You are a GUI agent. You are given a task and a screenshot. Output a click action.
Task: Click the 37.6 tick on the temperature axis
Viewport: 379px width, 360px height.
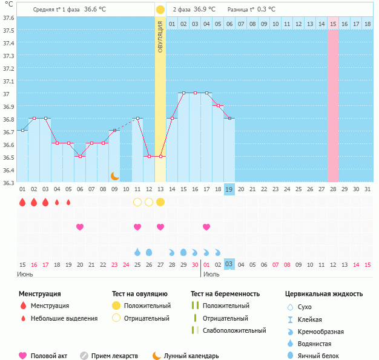pyautogui.click(x=8, y=18)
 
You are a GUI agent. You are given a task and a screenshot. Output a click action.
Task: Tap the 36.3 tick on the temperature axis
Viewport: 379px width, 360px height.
pyautogui.click(x=8, y=183)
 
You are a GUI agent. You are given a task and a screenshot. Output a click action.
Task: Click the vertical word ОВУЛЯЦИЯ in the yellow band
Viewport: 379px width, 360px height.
pyautogui.click(x=160, y=36)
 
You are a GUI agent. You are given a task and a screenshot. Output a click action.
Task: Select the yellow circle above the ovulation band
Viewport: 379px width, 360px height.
pyautogui.click(x=160, y=10)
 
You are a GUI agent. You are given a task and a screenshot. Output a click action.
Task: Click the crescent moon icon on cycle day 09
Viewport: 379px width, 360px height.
pyautogui.click(x=114, y=175)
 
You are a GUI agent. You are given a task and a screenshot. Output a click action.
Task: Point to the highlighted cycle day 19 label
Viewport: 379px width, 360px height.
pyautogui.click(x=229, y=189)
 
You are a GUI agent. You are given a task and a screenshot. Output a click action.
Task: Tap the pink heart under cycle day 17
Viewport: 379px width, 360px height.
pyautogui.click(x=206, y=227)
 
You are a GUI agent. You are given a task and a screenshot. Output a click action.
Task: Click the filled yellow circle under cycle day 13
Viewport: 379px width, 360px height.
pyautogui.click(x=160, y=201)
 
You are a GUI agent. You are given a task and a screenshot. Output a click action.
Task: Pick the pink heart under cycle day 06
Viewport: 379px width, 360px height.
pyautogui.click(x=80, y=227)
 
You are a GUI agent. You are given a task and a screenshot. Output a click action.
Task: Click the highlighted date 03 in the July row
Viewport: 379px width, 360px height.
pyautogui.click(x=229, y=264)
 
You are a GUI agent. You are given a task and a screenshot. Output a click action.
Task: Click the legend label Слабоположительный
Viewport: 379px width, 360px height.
pyautogui.click(x=234, y=330)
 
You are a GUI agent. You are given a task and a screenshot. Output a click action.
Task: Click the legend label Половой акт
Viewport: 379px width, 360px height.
pyautogui.click(x=49, y=356)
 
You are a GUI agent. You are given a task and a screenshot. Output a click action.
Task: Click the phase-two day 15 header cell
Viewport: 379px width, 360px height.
pyautogui.click(x=333, y=24)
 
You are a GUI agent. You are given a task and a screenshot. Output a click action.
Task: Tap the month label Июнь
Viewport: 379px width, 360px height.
pyautogui.click(x=25, y=274)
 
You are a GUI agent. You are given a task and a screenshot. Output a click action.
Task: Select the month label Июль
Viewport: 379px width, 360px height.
pyautogui.click(x=211, y=274)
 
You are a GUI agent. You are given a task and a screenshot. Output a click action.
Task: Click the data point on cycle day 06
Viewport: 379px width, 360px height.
pyautogui.click(x=80, y=156)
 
